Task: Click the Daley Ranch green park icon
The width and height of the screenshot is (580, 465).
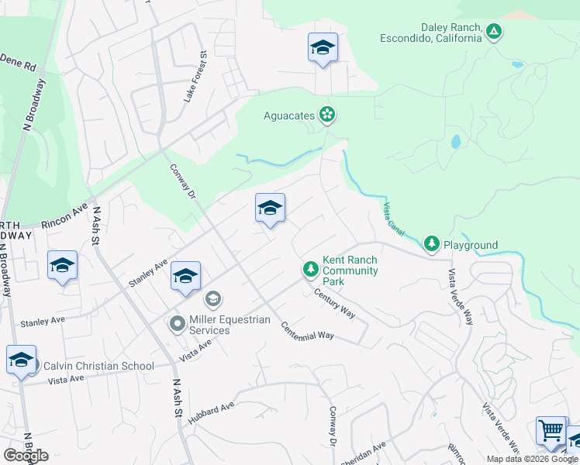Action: coord(494,32)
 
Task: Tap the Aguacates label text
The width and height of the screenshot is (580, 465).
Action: coord(289,115)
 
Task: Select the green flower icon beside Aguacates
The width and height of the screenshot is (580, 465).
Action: coord(327,115)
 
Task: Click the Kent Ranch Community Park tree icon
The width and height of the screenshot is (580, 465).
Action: coord(310,268)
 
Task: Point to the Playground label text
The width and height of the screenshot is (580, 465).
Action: coord(470,245)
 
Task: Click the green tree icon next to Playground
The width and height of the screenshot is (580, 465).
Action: coord(432,244)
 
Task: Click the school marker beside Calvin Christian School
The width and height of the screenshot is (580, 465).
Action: coord(22,360)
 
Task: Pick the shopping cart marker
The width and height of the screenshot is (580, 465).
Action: coord(551,430)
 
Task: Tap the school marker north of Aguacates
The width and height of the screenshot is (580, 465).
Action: coord(323,48)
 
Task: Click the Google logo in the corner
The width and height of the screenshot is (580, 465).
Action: coord(26,455)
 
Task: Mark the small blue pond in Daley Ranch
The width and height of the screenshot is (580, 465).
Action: coord(455,142)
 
